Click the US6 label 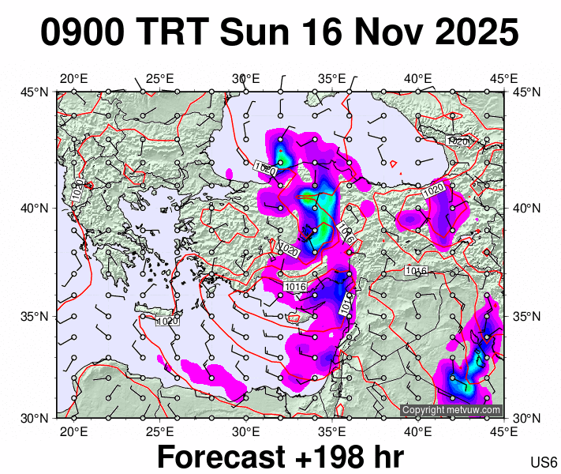544,462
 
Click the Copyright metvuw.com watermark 451,410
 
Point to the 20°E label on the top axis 73,78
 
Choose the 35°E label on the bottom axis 332,431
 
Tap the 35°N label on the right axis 525,316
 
